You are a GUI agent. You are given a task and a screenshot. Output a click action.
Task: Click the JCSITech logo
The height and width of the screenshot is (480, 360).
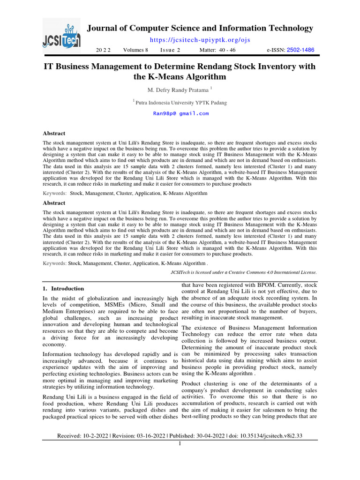pos(61,35)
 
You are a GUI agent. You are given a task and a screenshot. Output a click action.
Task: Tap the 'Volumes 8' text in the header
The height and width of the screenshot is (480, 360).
pos(135,50)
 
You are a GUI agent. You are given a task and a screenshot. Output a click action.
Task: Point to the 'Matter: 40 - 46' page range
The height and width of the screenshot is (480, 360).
pos(217,50)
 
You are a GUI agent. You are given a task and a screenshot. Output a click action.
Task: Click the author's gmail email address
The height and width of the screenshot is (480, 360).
pos(181,113)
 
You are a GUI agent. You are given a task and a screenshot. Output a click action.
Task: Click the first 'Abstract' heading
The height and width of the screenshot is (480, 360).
pos(54,133)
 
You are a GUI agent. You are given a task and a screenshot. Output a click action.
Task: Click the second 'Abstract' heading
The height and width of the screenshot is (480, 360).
pos(54,203)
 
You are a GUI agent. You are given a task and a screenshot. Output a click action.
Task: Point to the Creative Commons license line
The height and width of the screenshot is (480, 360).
pos(242,272)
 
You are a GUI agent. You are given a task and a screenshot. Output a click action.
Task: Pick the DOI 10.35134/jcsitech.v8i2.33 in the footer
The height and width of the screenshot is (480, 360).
pos(265,436)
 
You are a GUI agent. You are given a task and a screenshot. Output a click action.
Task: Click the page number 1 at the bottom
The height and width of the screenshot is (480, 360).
pos(180,443)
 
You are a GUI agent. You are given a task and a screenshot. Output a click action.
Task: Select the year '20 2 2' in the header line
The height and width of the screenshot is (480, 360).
pos(103,50)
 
